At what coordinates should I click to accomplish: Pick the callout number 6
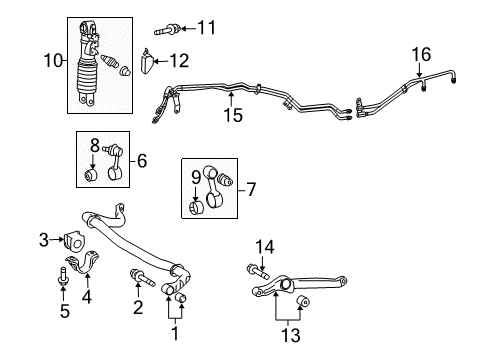pos(141,159)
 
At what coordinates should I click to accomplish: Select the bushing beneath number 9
pos(198,208)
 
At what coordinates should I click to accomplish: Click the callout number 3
pos(43,238)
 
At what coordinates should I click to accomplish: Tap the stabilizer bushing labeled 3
pos(71,241)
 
